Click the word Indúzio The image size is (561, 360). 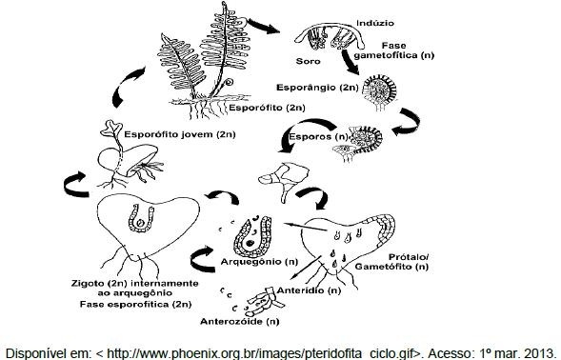pos(375,23)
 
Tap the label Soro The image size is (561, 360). pos(308,61)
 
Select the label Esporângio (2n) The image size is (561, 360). pos(317,88)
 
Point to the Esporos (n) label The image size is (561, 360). pos(318,137)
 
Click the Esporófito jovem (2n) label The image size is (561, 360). pos(180,134)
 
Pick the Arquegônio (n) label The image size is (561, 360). pos(259,262)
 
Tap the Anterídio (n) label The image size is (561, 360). pos(309,290)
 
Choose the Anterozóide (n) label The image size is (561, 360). pos(239,321)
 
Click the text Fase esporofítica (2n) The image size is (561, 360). pos(135,305)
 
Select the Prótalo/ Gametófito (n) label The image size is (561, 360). pos(391,262)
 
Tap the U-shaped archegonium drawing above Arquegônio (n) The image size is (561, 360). pos(253,237)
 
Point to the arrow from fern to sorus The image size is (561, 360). pos(264,26)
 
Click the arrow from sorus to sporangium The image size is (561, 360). pos(350,62)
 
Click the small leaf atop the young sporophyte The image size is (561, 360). pos(111,130)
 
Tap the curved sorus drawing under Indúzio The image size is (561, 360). pos(331,37)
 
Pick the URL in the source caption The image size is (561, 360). pos(257,353)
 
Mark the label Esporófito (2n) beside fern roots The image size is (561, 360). pos(267,108)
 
